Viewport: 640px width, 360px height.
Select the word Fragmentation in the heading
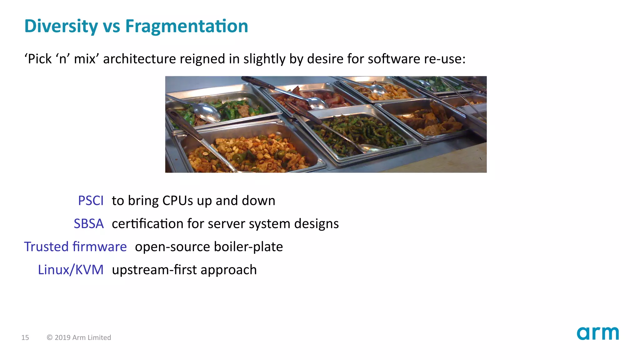pos(187,26)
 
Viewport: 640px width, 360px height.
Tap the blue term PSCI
pos(91,201)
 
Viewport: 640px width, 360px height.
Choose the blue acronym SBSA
pos(89,224)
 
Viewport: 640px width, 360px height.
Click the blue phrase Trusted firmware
pos(75,247)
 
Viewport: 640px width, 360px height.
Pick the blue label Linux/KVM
pos(71,270)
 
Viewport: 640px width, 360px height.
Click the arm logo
pos(597,333)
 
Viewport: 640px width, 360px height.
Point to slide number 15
pos(25,337)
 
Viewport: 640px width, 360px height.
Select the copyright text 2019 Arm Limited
pos(82,337)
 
